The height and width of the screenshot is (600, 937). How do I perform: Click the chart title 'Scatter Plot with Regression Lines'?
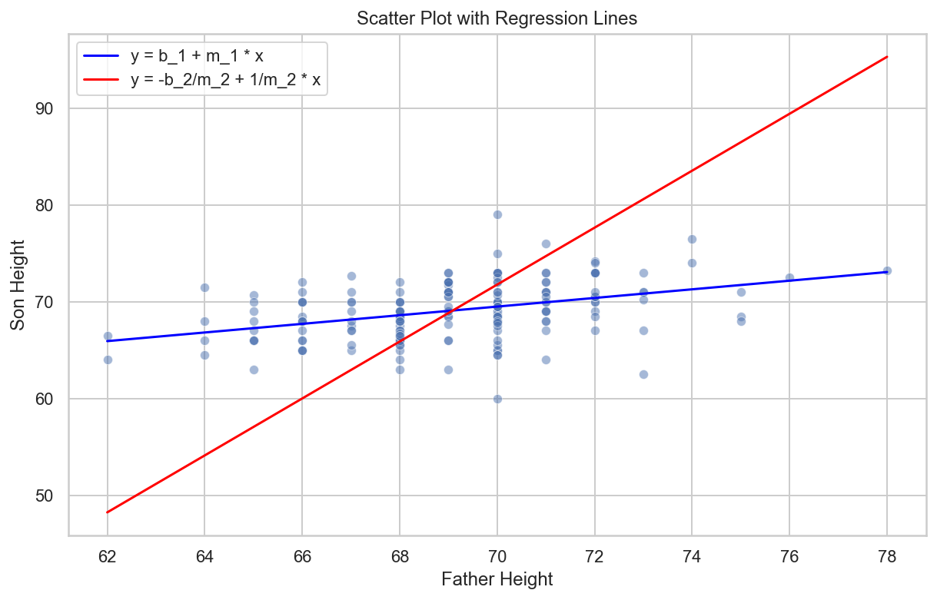coord(497,19)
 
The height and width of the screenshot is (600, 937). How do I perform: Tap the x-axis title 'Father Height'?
coord(497,579)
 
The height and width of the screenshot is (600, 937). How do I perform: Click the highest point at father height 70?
coord(497,214)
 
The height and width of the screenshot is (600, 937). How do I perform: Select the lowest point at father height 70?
coord(497,399)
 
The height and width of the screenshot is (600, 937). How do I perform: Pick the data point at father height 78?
coord(887,270)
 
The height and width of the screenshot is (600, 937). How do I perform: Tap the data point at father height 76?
coord(789,277)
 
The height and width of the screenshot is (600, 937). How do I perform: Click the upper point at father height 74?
coord(692,239)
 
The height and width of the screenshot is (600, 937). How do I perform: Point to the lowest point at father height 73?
coord(643,374)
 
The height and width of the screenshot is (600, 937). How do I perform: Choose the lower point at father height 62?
coord(108,360)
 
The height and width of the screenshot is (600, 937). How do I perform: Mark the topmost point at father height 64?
coord(204,287)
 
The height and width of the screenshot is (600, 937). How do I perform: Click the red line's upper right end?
coord(887,56)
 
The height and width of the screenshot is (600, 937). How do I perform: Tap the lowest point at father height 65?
coord(254,370)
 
